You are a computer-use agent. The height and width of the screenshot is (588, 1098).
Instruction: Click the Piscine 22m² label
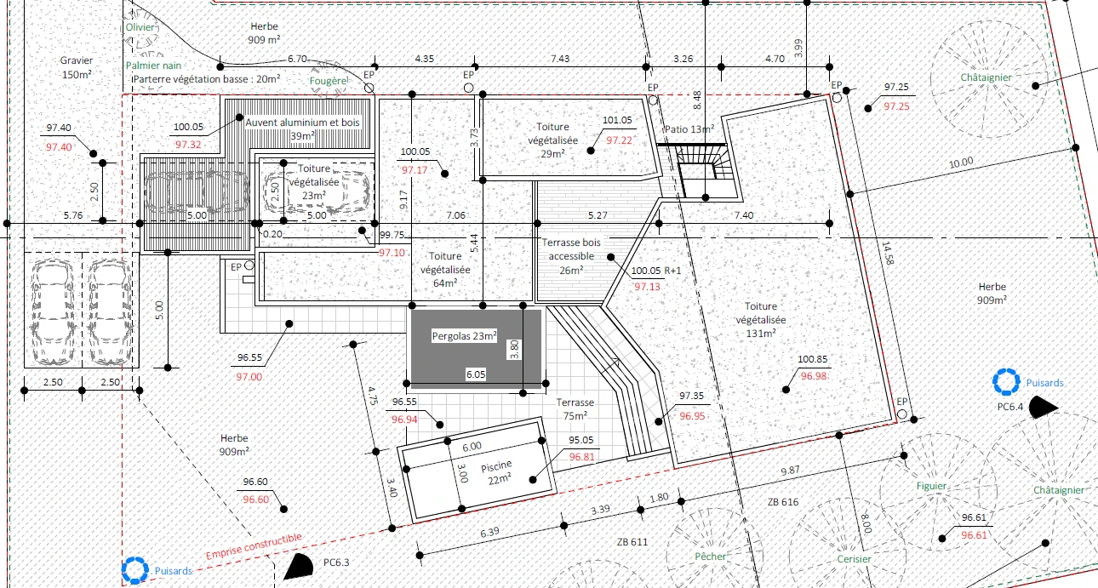(x=497, y=472)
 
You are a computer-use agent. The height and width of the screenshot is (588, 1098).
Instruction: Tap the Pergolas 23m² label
(x=464, y=336)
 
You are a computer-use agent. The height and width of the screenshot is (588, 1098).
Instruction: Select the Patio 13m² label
(x=689, y=129)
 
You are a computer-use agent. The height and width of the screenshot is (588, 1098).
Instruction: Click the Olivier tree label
(x=140, y=27)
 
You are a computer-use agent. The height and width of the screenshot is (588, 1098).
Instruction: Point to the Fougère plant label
(x=329, y=81)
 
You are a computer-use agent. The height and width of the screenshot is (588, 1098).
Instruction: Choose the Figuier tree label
(x=931, y=486)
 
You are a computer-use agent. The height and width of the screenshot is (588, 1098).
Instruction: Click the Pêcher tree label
(x=710, y=557)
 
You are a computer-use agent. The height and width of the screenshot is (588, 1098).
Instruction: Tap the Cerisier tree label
(x=855, y=559)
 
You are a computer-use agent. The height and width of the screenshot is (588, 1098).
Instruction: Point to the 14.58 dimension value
(x=888, y=254)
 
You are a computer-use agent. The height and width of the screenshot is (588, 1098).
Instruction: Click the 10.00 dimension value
(x=961, y=163)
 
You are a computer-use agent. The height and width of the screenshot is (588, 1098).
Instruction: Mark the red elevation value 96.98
(x=814, y=376)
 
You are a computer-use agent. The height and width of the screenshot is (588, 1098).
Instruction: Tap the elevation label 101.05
(x=617, y=120)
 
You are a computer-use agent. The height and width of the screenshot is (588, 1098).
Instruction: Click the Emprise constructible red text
(x=254, y=546)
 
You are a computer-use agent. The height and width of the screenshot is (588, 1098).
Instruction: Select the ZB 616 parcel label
(x=783, y=502)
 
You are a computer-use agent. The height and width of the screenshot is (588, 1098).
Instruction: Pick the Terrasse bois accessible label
(x=571, y=256)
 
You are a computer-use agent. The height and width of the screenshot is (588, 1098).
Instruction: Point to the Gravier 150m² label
(x=77, y=67)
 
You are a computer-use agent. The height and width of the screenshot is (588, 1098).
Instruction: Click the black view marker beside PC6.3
(x=299, y=567)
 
